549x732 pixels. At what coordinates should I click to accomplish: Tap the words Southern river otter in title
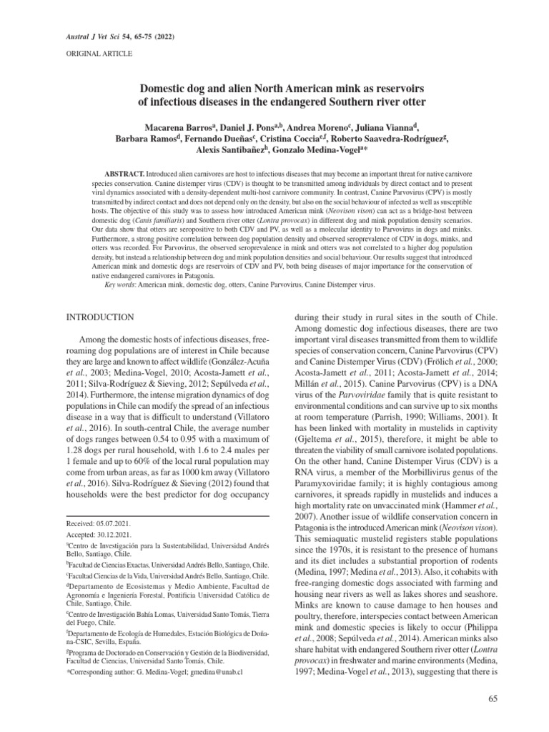pyautogui.click(x=363, y=101)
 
